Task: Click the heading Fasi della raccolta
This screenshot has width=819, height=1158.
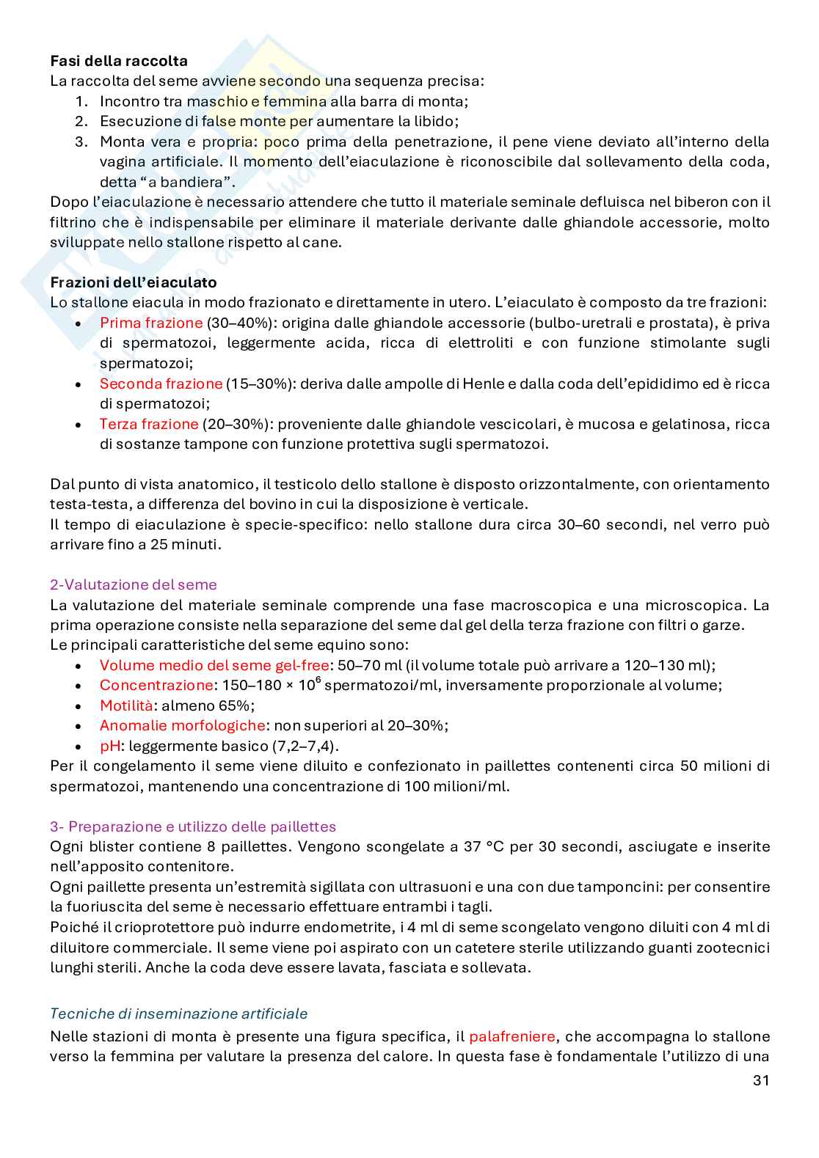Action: coord(119,61)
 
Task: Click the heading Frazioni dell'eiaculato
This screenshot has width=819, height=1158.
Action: coord(134,282)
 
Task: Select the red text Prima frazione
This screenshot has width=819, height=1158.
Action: coord(151,323)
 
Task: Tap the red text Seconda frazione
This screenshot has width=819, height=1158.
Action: coord(161,384)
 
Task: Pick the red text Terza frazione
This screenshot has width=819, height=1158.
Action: coord(149,425)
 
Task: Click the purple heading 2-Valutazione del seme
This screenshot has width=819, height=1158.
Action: coord(134,585)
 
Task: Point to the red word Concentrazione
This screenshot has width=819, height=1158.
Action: coord(156,686)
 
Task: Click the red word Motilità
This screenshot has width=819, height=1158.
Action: coord(126,706)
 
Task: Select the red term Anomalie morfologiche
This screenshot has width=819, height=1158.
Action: coord(182,726)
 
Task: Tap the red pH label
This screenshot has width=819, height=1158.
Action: coord(110,747)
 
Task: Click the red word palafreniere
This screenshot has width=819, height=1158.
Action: coord(512,1037)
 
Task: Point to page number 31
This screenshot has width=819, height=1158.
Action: coord(761,1080)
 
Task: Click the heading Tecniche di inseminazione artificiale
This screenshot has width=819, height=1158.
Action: coord(179,1014)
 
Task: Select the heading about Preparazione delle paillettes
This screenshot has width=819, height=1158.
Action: coord(193,827)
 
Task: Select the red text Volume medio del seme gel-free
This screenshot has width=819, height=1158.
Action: coord(214,666)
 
